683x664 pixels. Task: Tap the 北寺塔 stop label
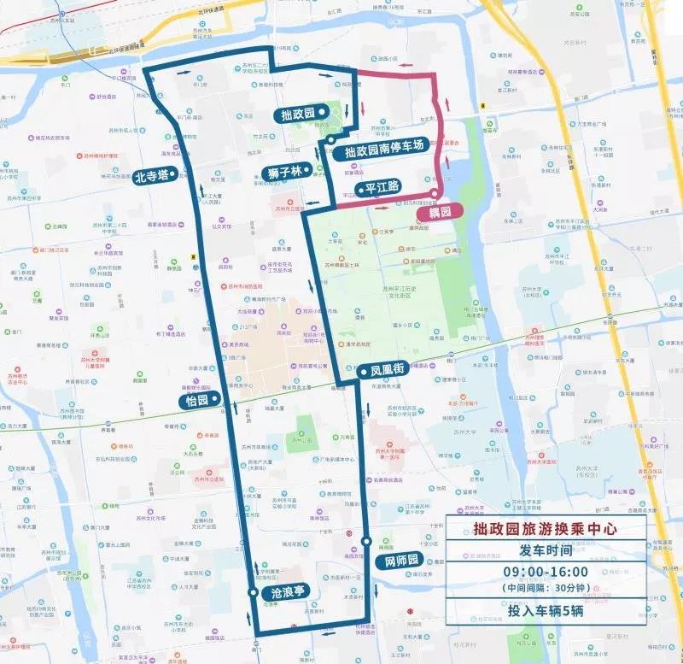coord(151,177)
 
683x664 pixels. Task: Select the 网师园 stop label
coord(398,561)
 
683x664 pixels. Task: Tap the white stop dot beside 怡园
coord(218,397)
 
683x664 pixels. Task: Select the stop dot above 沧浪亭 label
coord(253,591)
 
